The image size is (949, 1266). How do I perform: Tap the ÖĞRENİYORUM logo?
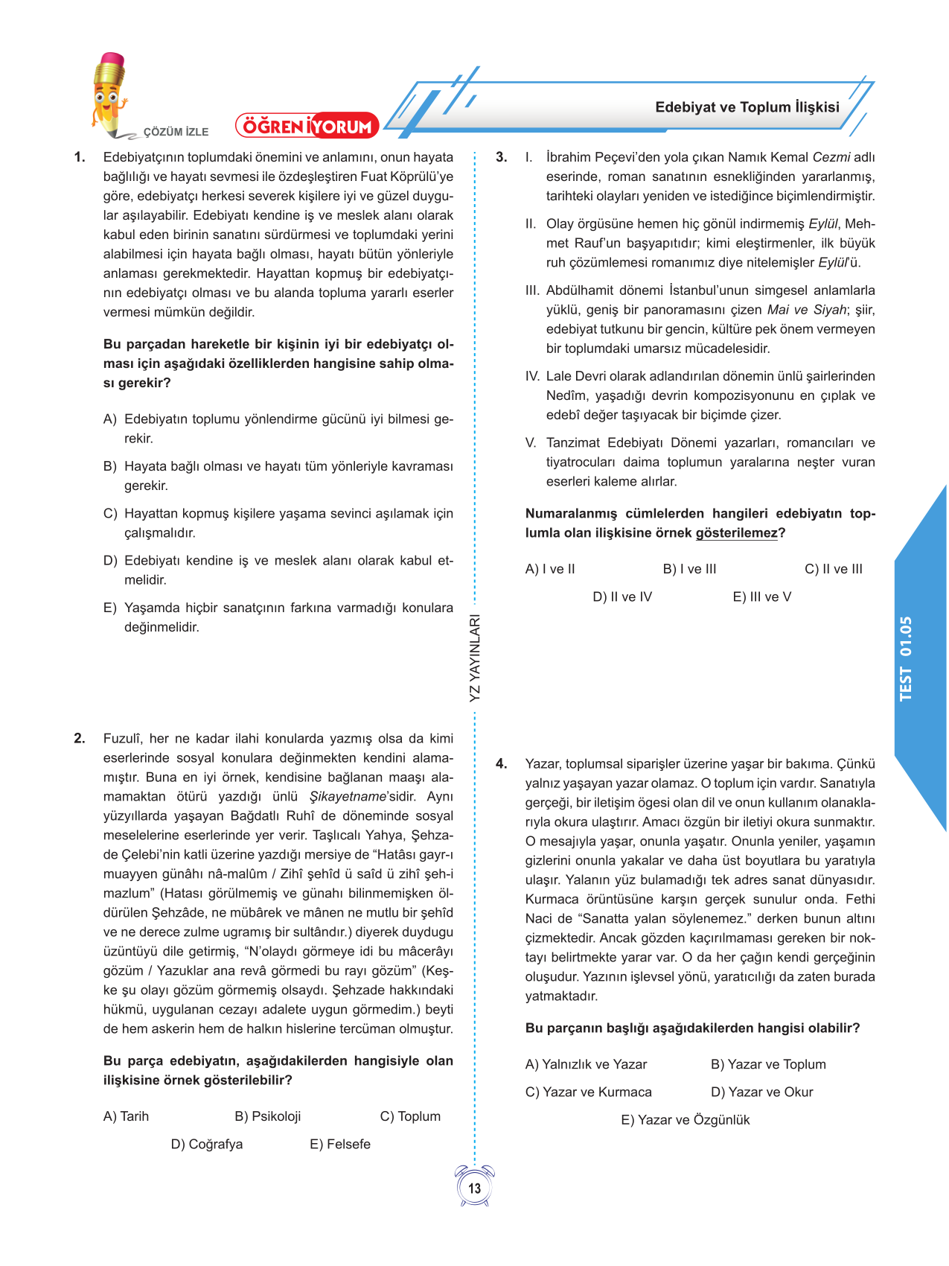coord(307,127)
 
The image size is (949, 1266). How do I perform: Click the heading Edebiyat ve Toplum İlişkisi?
coord(747,107)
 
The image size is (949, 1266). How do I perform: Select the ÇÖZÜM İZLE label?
coord(176,132)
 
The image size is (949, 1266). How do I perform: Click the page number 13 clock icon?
coord(475,1187)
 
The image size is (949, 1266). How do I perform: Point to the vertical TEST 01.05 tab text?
coord(906,658)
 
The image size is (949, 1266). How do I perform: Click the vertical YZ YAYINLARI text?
coord(475,658)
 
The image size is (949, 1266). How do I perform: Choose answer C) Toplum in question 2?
coord(410,1116)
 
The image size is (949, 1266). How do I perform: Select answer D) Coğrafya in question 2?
coord(207,1144)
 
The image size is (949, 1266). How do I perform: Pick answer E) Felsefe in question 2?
coord(340,1144)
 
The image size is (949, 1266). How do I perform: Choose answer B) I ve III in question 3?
coord(689,569)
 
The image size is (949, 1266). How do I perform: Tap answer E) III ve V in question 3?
coord(762,597)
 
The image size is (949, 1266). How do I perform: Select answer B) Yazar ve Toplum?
coord(768,1064)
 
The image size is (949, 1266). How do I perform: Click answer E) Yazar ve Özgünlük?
coord(686,1119)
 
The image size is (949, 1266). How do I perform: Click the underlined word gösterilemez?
coord(736,533)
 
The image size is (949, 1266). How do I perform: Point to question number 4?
coord(502,764)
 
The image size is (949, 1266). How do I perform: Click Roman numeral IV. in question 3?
coord(532,376)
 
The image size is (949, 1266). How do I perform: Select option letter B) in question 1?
coord(110,466)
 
